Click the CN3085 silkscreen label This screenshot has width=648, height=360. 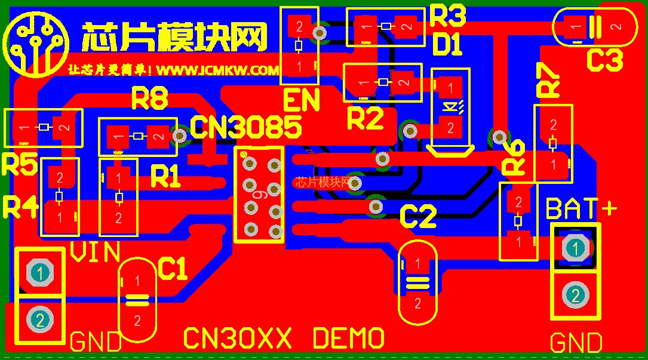pos(246,127)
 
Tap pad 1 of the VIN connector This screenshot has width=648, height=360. pos(40,273)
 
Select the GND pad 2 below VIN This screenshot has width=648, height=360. pos(40,319)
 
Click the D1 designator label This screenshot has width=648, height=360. pos(447,45)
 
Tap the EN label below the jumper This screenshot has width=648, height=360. pos(301,101)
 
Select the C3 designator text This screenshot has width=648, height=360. pos(604,61)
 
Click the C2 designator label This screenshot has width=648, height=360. pos(418,217)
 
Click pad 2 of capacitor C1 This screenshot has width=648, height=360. pos(137,321)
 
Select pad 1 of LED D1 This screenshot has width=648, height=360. pos(450,88)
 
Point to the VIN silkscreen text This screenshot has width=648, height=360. pos(96,253)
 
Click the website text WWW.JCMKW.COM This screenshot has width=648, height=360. pos(217,70)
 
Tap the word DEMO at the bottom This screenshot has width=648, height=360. pos(348,339)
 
